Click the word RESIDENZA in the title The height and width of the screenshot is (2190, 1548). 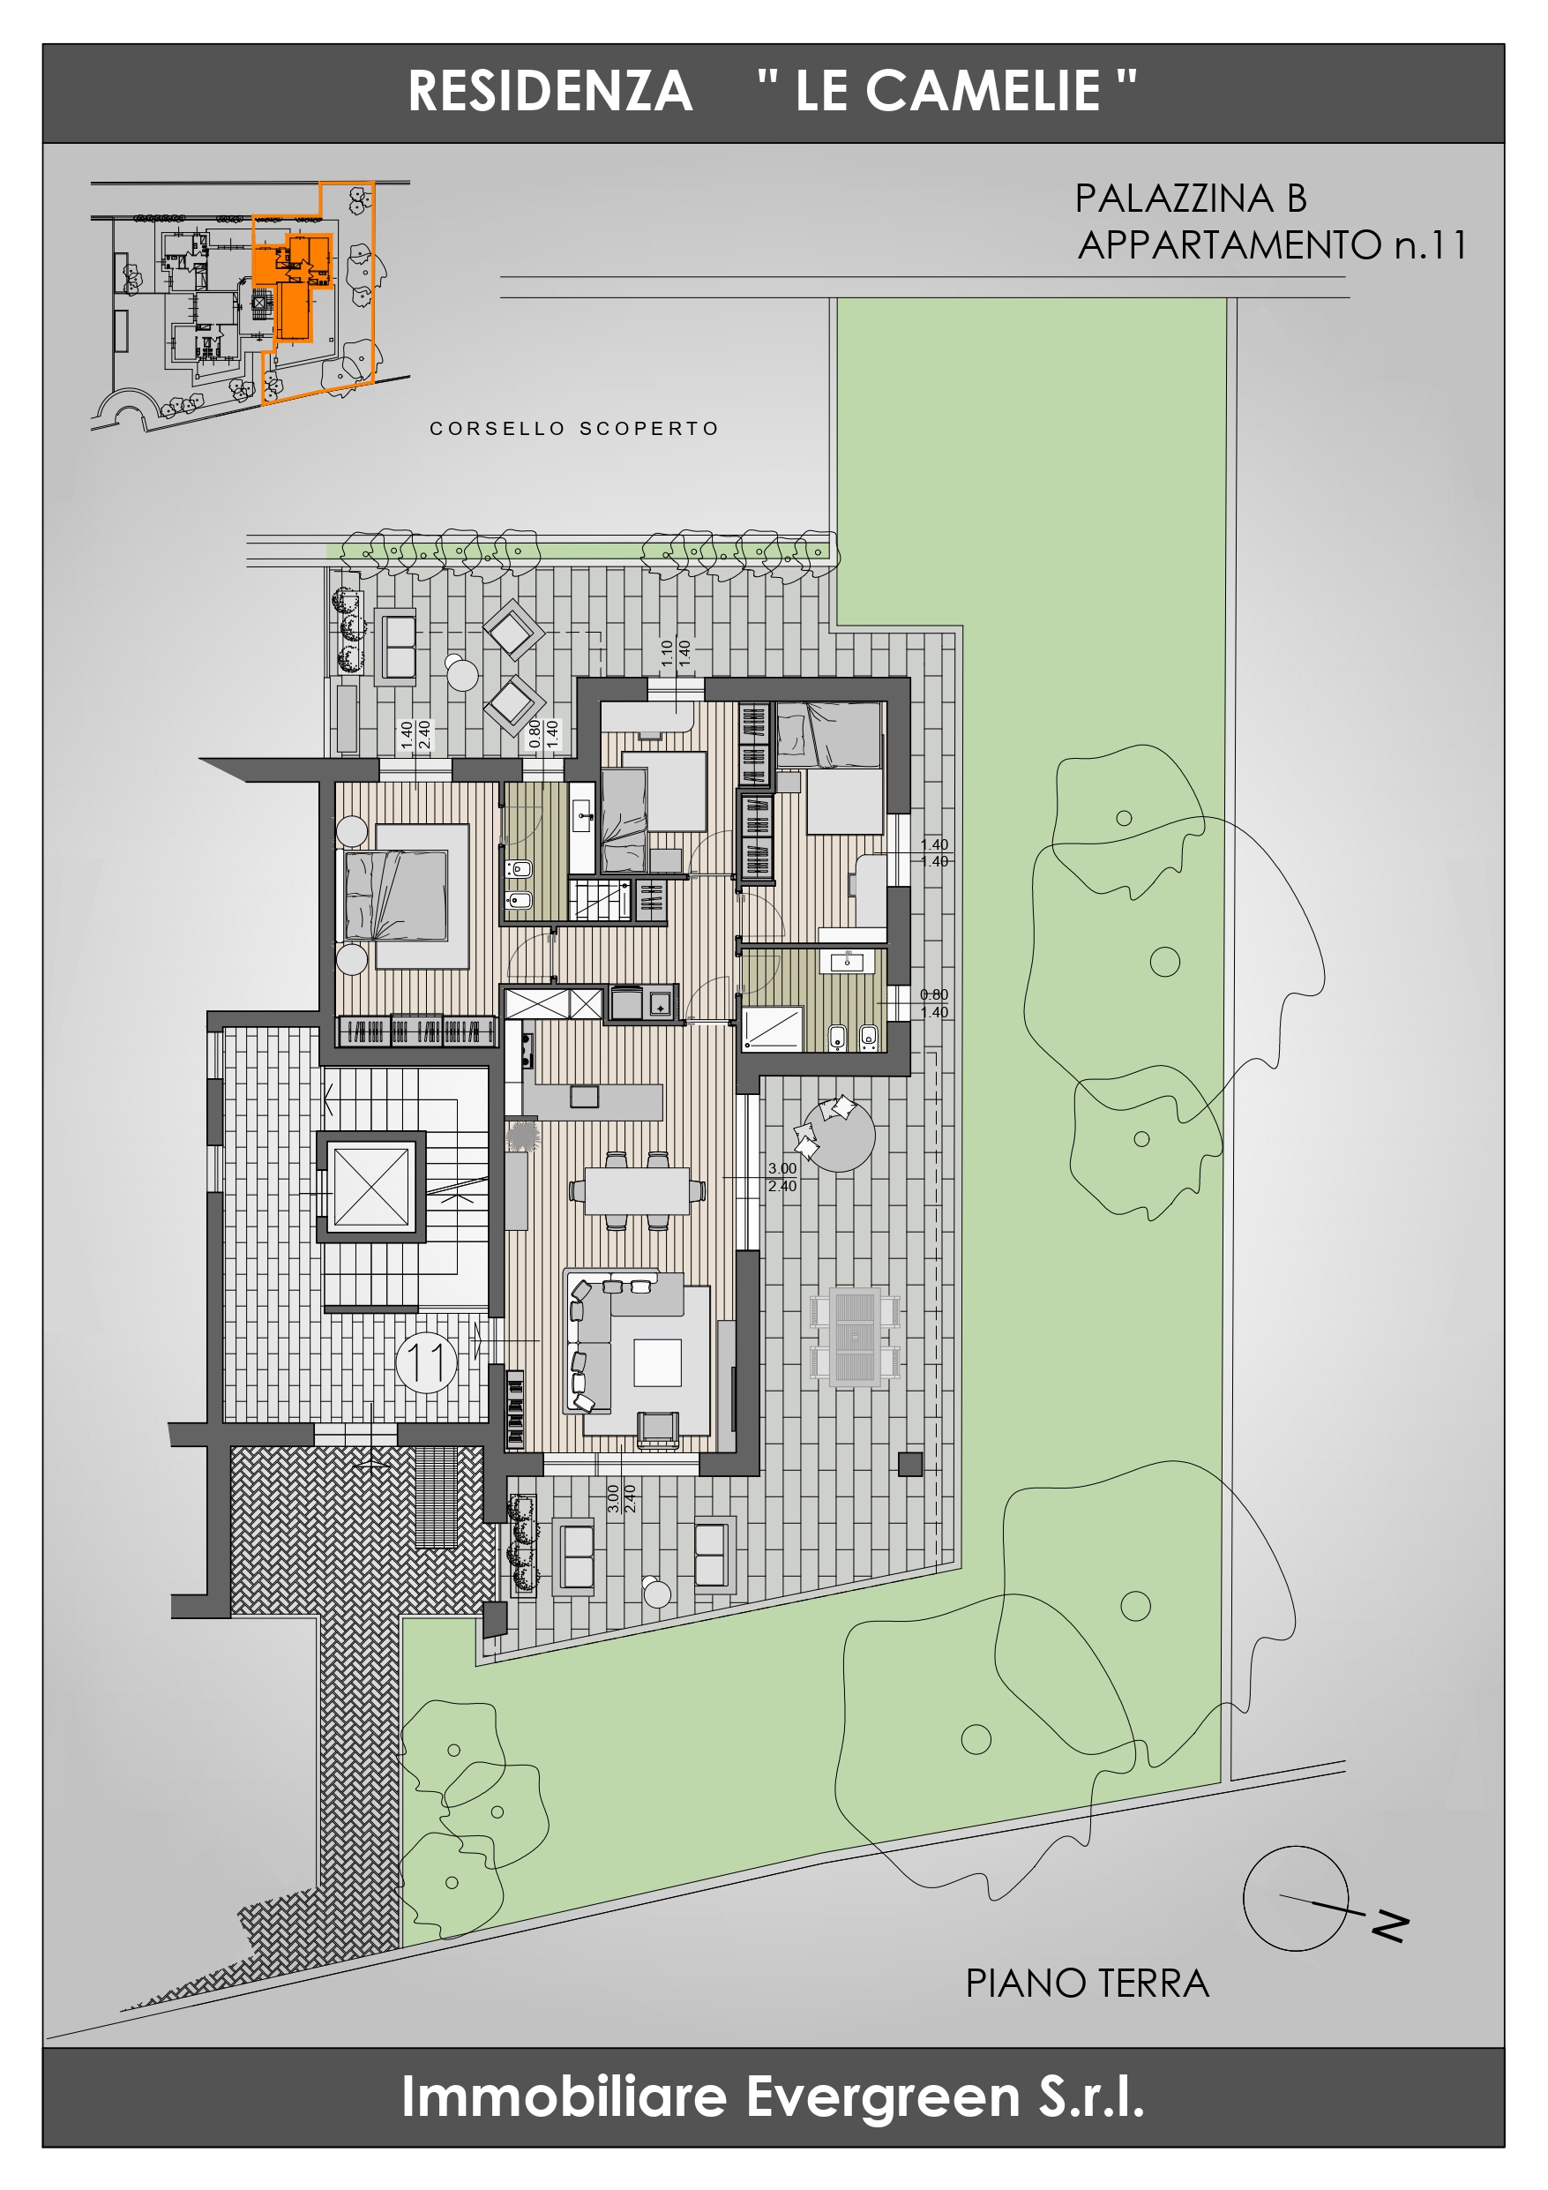(x=550, y=92)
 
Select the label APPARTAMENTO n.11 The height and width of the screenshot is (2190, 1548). (x=1271, y=245)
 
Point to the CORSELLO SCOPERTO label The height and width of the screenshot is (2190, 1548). (x=574, y=429)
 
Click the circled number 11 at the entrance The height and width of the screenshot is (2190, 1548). (x=426, y=1361)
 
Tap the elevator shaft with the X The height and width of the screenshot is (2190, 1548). (x=371, y=1186)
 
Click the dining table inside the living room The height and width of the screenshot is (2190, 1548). (x=637, y=1190)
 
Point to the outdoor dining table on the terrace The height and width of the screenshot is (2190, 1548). (x=855, y=1336)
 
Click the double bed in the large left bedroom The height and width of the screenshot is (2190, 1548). (x=396, y=896)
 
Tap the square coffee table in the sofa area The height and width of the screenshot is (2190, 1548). (x=657, y=1362)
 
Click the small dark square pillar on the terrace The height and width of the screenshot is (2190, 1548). (x=910, y=1463)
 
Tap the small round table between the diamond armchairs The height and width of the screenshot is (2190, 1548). (x=462, y=674)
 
